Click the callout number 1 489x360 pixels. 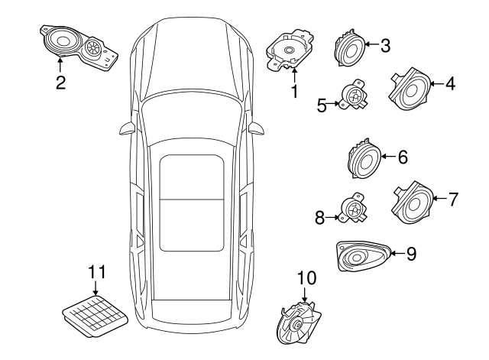(293, 92)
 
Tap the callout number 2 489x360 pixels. (60, 83)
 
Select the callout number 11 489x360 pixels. (94, 272)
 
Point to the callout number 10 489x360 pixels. (306, 280)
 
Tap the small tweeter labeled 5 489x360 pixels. (354, 99)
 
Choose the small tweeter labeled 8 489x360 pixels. (353, 209)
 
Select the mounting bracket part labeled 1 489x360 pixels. (290, 51)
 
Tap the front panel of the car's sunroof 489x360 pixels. (192, 177)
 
